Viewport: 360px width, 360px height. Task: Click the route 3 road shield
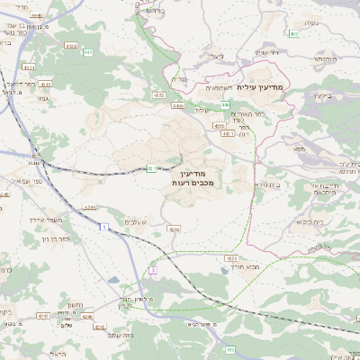click(x=153, y=270)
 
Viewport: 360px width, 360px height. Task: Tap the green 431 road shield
click(x=152, y=167)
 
